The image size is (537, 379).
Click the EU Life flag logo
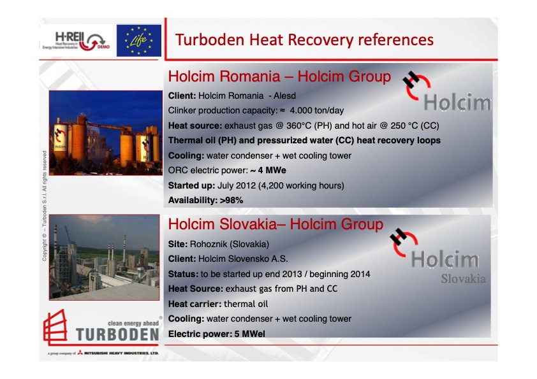[138, 40]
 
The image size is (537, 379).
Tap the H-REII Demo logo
[76, 41]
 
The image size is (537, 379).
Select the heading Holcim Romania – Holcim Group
[279, 76]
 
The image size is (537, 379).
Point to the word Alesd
[284, 96]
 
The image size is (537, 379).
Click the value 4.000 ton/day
[316, 110]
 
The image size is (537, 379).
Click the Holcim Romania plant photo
[106, 132]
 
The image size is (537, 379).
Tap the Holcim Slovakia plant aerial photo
[104, 257]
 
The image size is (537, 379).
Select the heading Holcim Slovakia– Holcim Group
[276, 224]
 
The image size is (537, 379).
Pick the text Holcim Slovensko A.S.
[243, 259]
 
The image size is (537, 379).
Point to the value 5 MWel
[249, 334]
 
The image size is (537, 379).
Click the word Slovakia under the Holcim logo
[463, 279]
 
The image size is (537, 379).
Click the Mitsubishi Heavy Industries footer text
[121, 353]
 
